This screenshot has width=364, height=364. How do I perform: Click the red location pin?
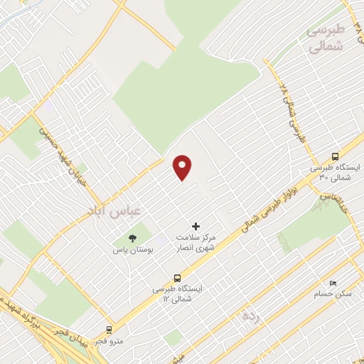[183, 167]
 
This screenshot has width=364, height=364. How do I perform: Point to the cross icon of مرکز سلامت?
[197, 225]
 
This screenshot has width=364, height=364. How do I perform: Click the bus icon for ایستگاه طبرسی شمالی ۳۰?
[335, 156]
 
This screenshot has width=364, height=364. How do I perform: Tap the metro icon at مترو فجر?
[109, 330]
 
